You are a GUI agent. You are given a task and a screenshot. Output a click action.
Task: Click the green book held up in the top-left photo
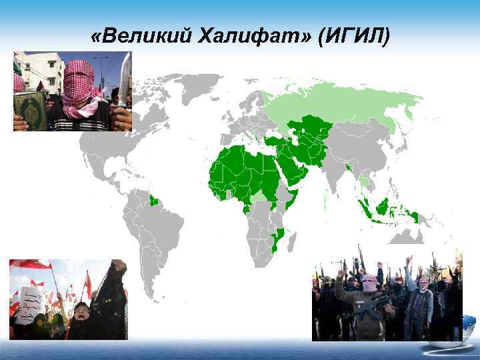(x=29, y=109)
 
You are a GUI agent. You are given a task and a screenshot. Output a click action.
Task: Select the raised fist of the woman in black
(x=119, y=267)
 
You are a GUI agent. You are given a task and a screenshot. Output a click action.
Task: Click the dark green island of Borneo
(x=381, y=207)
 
